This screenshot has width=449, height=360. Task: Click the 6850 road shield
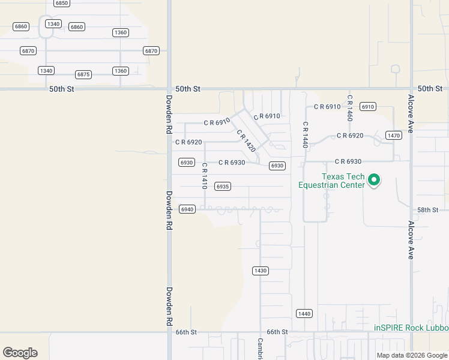[61, 3]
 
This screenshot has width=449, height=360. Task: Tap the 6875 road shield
[83, 74]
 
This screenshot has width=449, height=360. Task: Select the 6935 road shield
[223, 187]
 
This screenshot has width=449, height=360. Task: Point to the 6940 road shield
[187, 209]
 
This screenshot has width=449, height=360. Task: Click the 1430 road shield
[260, 271]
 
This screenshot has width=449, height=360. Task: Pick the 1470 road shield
[394, 136]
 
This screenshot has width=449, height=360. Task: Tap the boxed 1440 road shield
[304, 314]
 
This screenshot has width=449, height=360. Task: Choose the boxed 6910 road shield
[368, 106]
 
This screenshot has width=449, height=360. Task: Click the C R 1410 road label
[205, 176]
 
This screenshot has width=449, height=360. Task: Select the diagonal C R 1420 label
[246, 142]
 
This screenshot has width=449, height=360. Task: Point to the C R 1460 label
[349, 108]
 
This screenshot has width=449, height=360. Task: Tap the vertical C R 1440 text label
[305, 135]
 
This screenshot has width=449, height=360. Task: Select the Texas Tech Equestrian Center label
[332, 181]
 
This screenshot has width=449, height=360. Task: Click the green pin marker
[374, 179]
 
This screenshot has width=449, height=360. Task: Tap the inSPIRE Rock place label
[411, 328]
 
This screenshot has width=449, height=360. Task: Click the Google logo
[20, 353]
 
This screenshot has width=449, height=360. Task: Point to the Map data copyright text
[411, 355]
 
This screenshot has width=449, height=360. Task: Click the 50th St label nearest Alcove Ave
[430, 89]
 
